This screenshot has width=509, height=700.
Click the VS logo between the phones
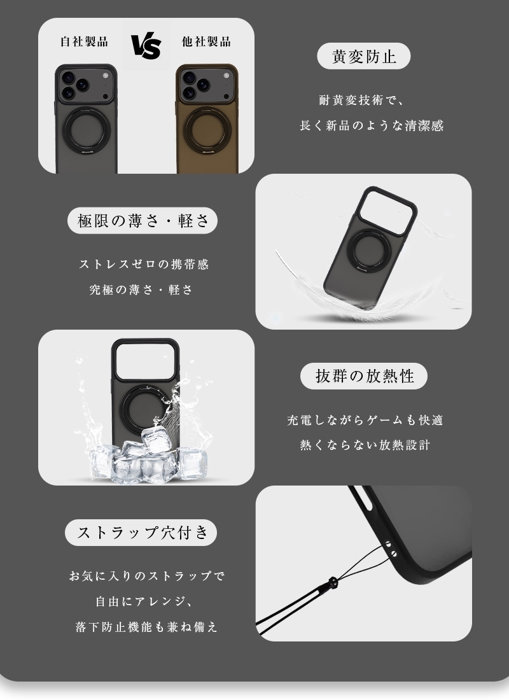click(x=146, y=46)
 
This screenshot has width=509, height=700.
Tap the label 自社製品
click(x=84, y=42)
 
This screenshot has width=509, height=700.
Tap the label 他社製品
click(x=206, y=42)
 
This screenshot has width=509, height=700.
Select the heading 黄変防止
click(x=364, y=57)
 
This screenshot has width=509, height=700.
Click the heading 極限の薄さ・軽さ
click(x=143, y=221)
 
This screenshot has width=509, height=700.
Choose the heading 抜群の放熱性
click(x=364, y=376)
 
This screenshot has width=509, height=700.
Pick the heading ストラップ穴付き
click(x=141, y=533)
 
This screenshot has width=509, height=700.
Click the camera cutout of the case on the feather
click(x=387, y=207)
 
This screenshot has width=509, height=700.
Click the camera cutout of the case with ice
click(x=144, y=358)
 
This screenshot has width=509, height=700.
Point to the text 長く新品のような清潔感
click(x=372, y=126)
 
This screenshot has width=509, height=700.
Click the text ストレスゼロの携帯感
click(x=144, y=264)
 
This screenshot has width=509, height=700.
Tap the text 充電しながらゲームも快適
click(x=365, y=420)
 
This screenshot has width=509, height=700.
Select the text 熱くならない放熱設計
click(x=365, y=445)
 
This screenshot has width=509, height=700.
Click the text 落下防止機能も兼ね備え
click(x=146, y=627)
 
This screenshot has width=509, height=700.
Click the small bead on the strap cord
click(x=332, y=582)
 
